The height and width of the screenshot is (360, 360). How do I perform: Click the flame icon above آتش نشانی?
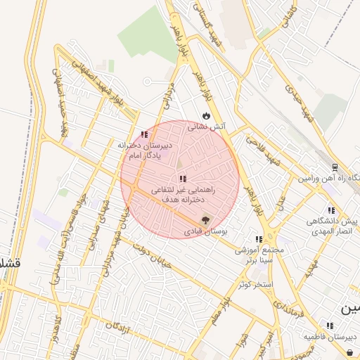click(206, 115)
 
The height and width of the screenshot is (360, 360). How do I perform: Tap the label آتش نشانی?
click(206, 127)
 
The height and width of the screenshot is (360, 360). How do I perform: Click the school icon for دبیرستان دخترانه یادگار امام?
click(144, 134)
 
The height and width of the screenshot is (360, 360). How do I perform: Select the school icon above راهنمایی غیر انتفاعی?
click(183, 179)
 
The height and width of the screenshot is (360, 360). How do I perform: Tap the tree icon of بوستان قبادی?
click(205, 219)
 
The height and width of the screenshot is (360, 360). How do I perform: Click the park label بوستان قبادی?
click(202, 230)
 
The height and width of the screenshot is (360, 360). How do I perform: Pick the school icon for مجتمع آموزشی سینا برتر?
click(259, 239)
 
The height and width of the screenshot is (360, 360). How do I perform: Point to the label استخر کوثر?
click(256, 283)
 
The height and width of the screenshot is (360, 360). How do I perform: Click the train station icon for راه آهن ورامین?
click(335, 168)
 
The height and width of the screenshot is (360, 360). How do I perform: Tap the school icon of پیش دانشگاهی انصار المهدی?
click(330, 210)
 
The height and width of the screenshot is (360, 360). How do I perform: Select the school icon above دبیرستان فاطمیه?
click(329, 325)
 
